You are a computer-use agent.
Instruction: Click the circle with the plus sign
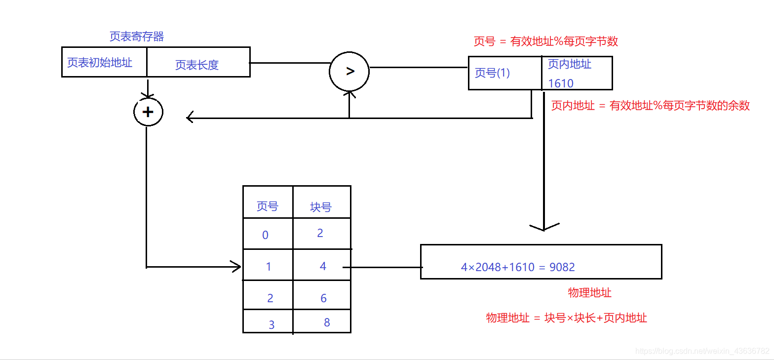[x=148, y=112]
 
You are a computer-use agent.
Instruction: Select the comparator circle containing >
[x=349, y=71]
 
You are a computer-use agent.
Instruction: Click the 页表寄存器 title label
[x=137, y=37]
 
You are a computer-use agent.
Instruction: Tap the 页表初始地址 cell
[x=100, y=63]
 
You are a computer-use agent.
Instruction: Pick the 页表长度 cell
[x=197, y=65]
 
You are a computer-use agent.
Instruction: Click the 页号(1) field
[x=492, y=73]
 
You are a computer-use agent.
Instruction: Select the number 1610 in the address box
[x=561, y=83]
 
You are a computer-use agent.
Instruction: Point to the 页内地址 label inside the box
[x=570, y=64]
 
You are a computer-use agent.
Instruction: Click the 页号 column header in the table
[x=268, y=206]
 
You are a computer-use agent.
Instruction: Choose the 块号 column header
[x=321, y=207]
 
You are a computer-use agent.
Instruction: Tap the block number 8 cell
[x=327, y=322]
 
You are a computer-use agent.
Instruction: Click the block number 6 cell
[x=323, y=298]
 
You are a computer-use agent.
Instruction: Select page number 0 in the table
[x=266, y=235]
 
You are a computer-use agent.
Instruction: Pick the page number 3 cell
[x=271, y=325]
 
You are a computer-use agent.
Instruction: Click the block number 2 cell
[x=320, y=233]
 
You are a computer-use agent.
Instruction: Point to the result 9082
[x=562, y=267]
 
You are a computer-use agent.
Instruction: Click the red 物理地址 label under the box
[x=589, y=293]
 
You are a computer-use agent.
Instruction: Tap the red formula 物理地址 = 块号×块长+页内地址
[x=566, y=318]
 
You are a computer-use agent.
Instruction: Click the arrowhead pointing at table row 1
[x=236, y=267]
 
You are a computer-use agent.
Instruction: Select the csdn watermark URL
[x=702, y=351]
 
